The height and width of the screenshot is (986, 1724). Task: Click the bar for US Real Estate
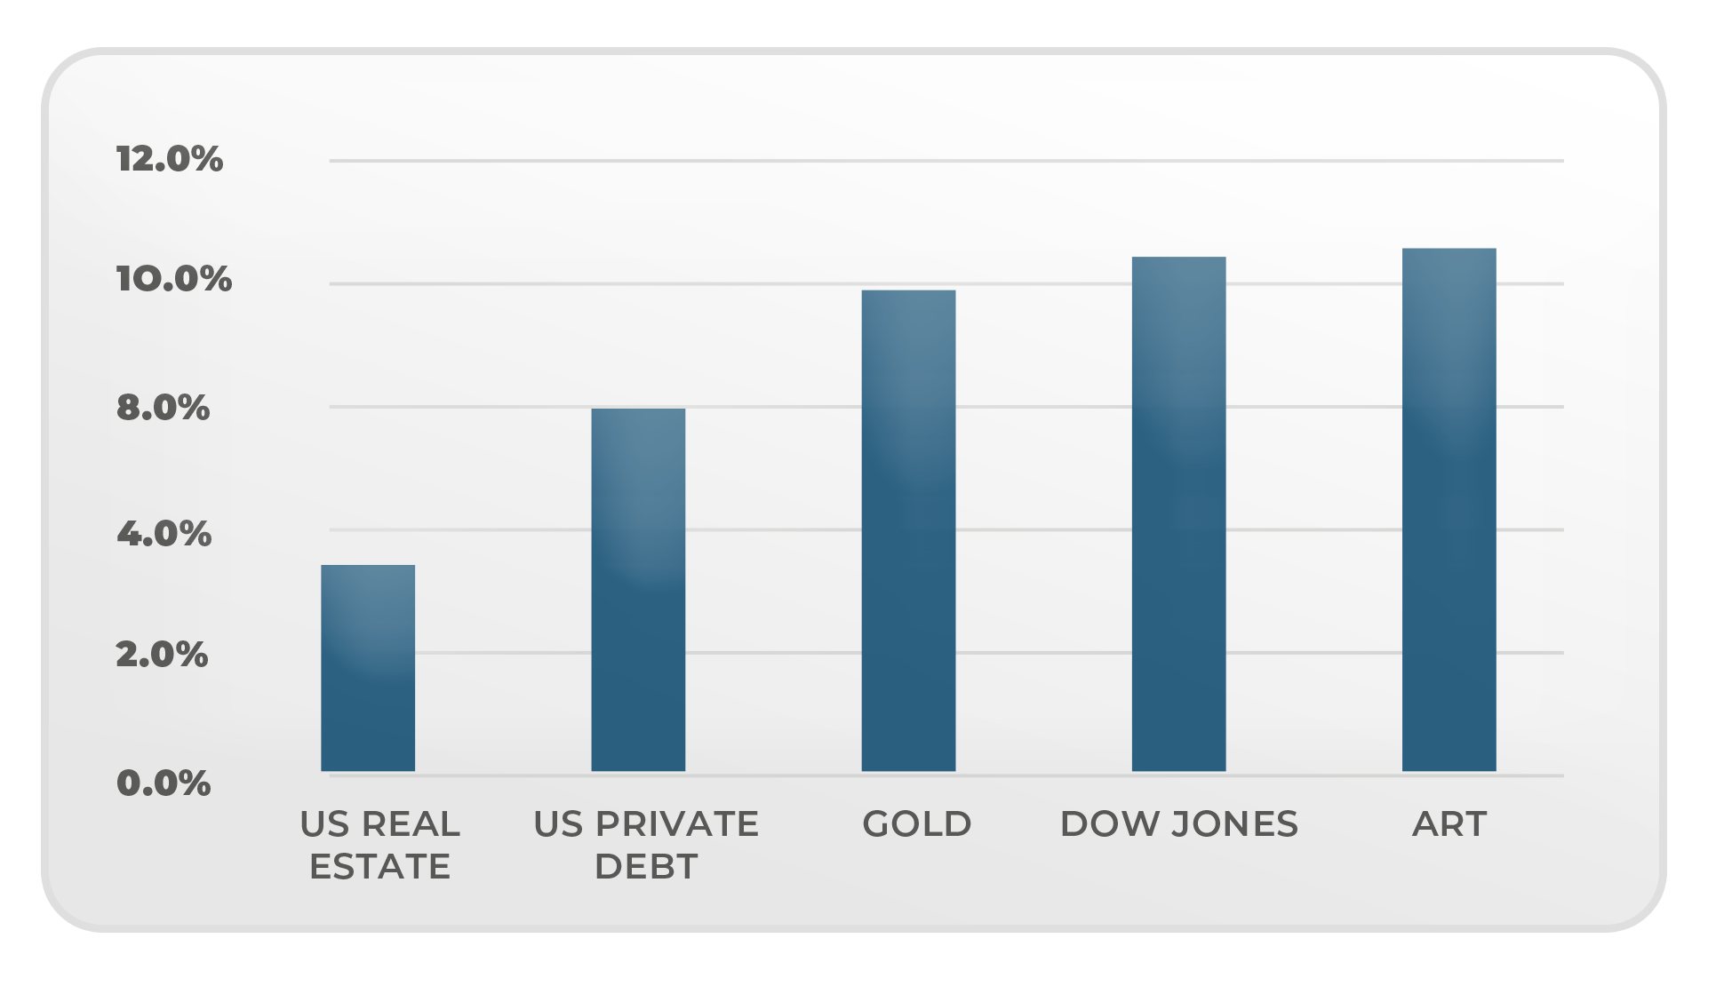tap(368, 668)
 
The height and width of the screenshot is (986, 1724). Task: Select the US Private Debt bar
tap(638, 590)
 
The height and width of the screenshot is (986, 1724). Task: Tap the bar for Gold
tap(908, 530)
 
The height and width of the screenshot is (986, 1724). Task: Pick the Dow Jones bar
tap(1178, 513)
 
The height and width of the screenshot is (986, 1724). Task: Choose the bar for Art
tap(1449, 510)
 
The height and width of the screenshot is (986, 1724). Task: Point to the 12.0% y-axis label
tap(169, 159)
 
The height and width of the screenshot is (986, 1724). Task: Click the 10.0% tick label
tap(173, 279)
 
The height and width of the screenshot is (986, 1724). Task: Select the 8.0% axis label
tap(163, 408)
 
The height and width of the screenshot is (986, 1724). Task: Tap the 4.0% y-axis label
tap(164, 534)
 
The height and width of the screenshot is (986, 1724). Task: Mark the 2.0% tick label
tap(162, 656)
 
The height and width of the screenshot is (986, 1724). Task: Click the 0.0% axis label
tap(164, 783)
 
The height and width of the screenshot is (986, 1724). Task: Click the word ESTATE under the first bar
tap(379, 867)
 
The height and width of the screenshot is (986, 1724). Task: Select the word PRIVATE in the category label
tap(677, 824)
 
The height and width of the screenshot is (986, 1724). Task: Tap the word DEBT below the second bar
tap(646, 867)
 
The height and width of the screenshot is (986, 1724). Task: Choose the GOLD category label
tap(917, 824)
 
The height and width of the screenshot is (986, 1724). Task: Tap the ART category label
tap(1449, 824)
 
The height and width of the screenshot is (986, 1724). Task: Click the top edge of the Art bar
tap(1449, 250)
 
